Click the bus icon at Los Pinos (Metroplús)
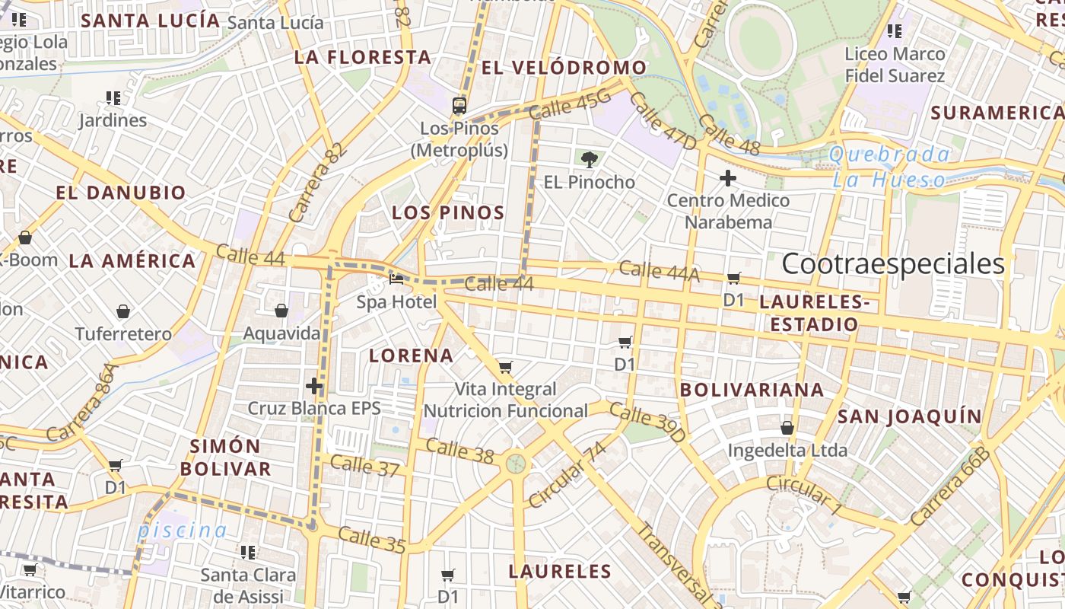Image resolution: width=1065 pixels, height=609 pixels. pyautogui.click(x=459, y=105)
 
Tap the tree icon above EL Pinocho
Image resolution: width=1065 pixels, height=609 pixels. pyautogui.click(x=589, y=159)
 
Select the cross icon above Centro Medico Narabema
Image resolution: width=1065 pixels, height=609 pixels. pyautogui.click(x=728, y=178)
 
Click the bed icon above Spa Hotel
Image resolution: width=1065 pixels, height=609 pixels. pyautogui.click(x=396, y=279)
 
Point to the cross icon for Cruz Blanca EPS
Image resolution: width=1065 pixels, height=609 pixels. pyautogui.click(x=314, y=386)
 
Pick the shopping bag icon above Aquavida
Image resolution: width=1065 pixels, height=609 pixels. pyautogui.click(x=281, y=311)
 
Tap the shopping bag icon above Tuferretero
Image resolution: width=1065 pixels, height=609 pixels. pyautogui.click(x=123, y=311)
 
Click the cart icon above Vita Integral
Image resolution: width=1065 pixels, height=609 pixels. pyautogui.click(x=506, y=368)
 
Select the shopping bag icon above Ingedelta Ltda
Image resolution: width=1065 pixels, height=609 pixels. pyautogui.click(x=787, y=428)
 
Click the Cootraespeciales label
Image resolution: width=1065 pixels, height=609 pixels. pyautogui.click(x=893, y=264)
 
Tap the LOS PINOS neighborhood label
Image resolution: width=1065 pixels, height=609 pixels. pyautogui.click(x=448, y=213)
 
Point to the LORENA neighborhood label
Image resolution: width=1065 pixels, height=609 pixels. pyautogui.click(x=411, y=356)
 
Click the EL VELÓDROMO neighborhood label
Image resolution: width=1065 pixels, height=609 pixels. pyautogui.click(x=564, y=68)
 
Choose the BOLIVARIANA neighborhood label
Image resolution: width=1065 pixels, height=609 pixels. pyautogui.click(x=752, y=390)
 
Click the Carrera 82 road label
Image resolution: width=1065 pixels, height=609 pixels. pyautogui.click(x=318, y=183)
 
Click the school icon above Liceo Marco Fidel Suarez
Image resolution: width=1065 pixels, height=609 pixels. pyautogui.click(x=895, y=31)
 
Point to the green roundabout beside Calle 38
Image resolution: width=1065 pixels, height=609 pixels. pyautogui.click(x=516, y=463)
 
